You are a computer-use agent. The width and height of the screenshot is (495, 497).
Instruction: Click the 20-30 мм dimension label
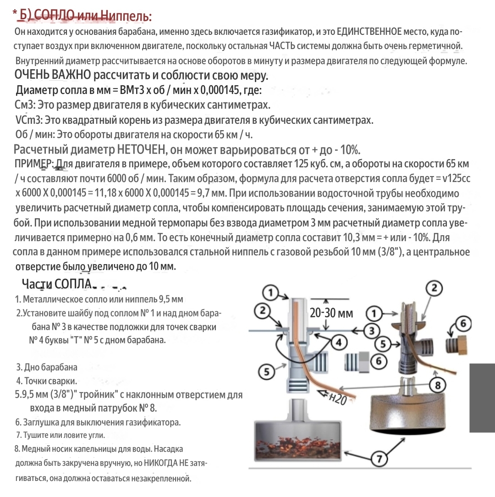331,314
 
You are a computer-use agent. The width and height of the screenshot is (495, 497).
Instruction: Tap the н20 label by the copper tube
336,399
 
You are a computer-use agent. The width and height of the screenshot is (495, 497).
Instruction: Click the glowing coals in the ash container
300,444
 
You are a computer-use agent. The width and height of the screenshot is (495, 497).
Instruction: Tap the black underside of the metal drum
403,430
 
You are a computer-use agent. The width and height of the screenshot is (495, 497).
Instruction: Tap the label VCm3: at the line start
29,120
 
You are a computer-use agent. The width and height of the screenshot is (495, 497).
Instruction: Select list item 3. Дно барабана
47,367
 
